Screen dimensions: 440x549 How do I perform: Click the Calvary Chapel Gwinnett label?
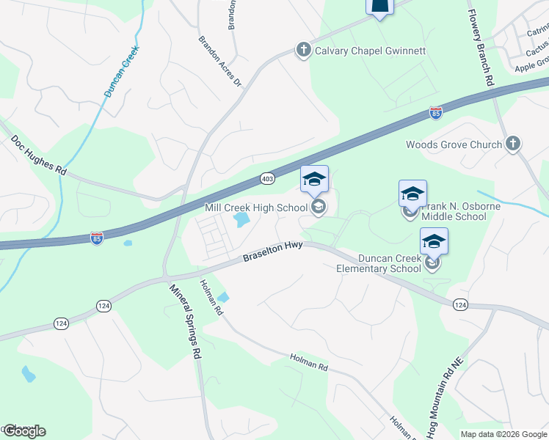370,51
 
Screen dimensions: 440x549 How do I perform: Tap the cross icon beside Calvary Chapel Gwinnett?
302,51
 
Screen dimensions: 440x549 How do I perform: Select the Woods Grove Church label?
454,144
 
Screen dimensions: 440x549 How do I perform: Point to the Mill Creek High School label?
255,208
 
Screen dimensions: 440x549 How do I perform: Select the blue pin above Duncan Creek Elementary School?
434,241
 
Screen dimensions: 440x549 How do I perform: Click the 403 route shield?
266,178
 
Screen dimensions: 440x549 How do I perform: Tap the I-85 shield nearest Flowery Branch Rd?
436,113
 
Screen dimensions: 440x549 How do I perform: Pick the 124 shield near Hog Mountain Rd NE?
459,304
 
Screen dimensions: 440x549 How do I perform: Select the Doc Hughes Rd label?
38,155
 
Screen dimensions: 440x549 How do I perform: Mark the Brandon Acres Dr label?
220,61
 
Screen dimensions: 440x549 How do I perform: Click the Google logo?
23,431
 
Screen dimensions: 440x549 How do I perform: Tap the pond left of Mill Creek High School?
240,219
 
